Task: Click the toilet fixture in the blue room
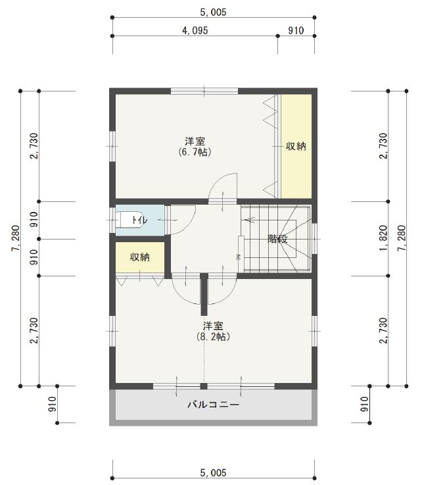pos(130,220)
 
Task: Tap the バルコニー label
pos(213,405)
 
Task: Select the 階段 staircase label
pos(277,239)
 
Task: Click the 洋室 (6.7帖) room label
pos(195,147)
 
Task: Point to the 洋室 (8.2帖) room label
pos(213,331)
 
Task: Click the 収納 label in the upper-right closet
pos(296,145)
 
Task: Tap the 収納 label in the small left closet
pos(139,257)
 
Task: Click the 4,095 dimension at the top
pos(195,30)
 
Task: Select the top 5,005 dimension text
pos(213,12)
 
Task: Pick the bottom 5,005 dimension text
pos(213,472)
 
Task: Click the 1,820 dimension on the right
pos(383,238)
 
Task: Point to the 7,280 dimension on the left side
pos(16,238)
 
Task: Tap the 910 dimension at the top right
pos(296,30)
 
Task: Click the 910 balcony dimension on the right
pos(365,404)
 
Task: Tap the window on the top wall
pos(204,91)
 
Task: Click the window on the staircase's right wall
pos(314,238)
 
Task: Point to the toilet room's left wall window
pos(112,220)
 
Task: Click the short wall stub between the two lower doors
pos(204,294)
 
